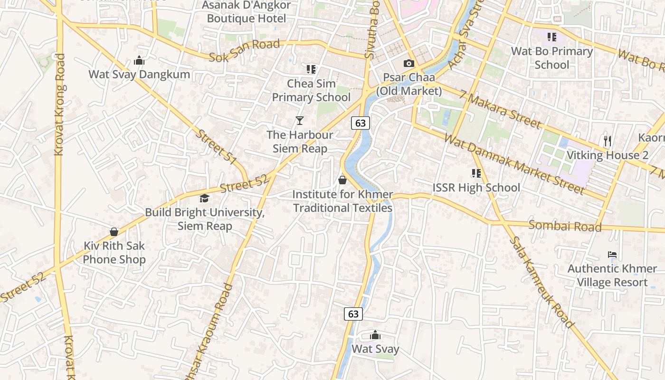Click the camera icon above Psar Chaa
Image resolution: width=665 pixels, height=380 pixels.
[x=408, y=63]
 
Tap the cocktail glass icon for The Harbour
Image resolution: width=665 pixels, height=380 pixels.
[x=299, y=121]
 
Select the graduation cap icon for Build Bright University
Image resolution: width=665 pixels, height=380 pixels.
[x=204, y=198]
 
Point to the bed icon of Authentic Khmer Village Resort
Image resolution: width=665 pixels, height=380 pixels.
[x=612, y=255]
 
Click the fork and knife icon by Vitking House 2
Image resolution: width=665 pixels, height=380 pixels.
[x=607, y=141]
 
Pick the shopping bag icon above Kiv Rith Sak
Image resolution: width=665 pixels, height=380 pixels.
[x=114, y=232]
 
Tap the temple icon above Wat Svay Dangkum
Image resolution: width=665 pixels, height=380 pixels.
[x=139, y=60]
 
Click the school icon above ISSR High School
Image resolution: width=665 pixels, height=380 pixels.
[x=476, y=173]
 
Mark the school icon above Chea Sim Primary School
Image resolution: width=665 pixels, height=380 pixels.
[x=311, y=69]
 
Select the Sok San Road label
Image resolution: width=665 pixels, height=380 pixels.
[x=245, y=51]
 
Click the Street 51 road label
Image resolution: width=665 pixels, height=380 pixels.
[x=217, y=147]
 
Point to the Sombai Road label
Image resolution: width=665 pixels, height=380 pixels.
[x=565, y=226]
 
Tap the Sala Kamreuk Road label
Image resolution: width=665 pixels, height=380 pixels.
[x=541, y=282]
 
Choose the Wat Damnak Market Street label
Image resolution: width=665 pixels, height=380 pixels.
[x=513, y=163]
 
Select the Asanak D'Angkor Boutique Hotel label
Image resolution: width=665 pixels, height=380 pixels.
[x=247, y=12]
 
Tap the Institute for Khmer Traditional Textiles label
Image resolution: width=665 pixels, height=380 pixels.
[x=342, y=201]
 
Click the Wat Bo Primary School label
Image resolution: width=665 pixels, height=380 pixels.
[x=551, y=58]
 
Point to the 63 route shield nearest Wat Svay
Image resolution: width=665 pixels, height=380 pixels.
[x=353, y=314]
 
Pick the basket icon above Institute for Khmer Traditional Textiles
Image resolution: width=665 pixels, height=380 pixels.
[x=342, y=180]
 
